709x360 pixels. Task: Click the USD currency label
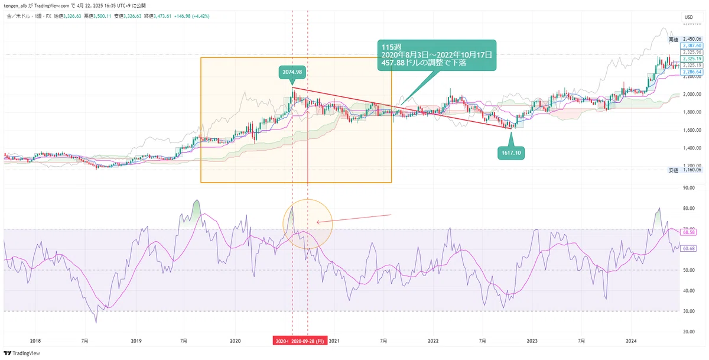coord(688,17)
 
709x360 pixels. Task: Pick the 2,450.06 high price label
coord(691,39)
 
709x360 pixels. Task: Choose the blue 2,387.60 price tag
coord(691,46)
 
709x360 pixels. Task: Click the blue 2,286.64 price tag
coord(691,72)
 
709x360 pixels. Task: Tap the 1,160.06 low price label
coord(691,170)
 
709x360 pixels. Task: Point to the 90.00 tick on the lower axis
coord(688,188)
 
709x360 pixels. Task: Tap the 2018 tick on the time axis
coord(35,341)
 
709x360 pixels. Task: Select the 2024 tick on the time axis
coord(631,341)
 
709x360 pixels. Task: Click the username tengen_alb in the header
coord(15,6)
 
